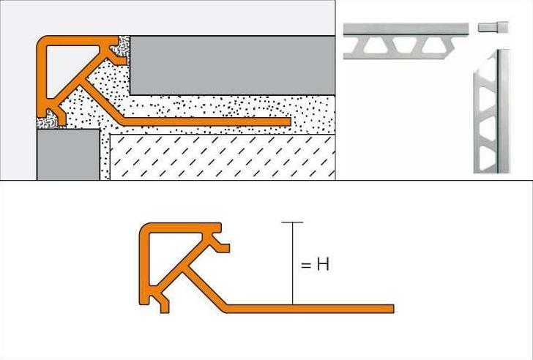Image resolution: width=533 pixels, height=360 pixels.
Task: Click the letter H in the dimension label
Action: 322,264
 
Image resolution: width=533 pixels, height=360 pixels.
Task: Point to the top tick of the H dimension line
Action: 292,222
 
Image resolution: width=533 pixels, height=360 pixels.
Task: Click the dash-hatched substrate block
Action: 220,155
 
